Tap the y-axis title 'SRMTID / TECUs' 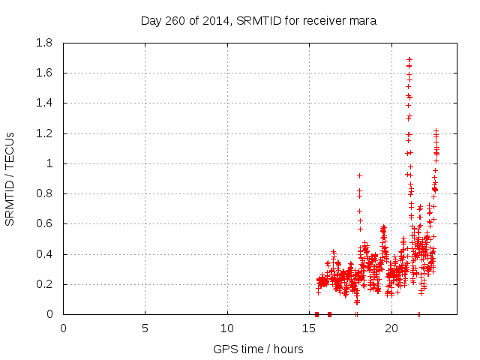(x=10, y=178)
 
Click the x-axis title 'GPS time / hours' (x=258, y=349)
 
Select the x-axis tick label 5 (x=145, y=328)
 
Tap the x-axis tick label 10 (x=227, y=328)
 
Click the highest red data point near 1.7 (x=409, y=58)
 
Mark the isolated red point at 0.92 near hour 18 (x=359, y=175)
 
